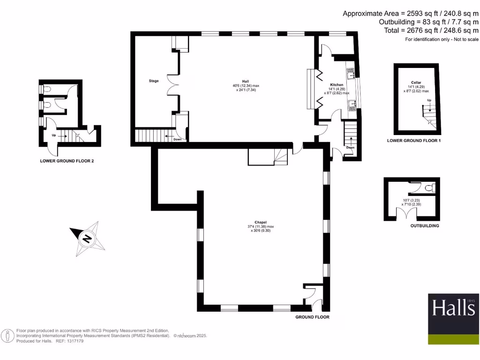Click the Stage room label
tap(154, 81)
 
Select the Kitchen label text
tap(337, 84)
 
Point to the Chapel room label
tap(261, 222)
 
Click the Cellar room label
tap(416, 82)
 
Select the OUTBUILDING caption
tap(424, 226)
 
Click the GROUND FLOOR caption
tap(312, 317)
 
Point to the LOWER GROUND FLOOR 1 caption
tap(414, 141)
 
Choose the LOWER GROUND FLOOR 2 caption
tap(67, 161)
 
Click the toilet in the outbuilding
tap(428, 188)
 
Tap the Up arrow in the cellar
tap(429, 101)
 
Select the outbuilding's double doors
tap(406, 214)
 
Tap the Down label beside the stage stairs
tap(177, 139)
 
